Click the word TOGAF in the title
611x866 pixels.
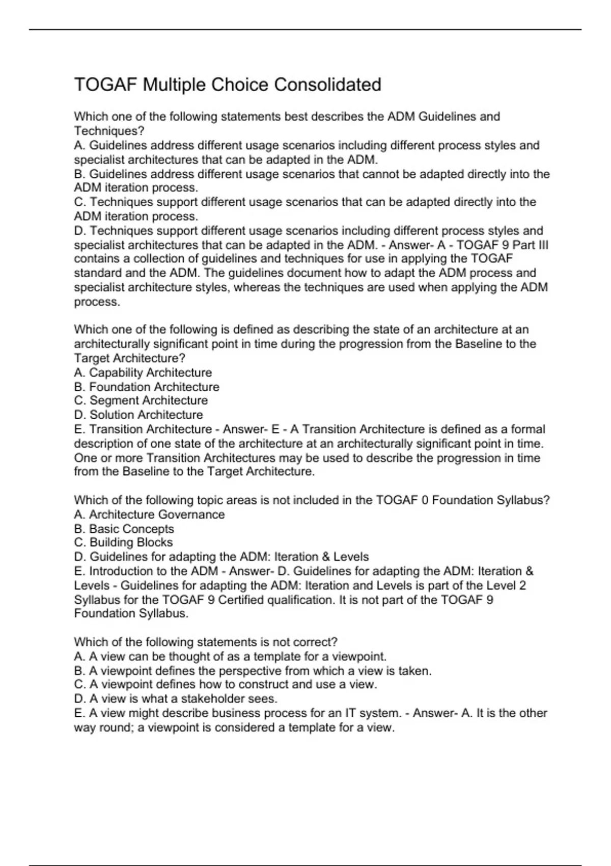tap(106, 85)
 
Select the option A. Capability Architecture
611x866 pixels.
tap(143, 372)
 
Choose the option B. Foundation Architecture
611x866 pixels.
tap(147, 387)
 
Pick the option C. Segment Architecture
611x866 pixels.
tap(141, 400)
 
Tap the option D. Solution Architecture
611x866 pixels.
tap(138, 415)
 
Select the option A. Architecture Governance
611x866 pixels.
tap(149, 515)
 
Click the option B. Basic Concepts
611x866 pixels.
tap(124, 529)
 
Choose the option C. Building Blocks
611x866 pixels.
tap(123, 543)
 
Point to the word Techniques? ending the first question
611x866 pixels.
tap(109, 131)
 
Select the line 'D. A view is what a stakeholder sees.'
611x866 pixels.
tap(176, 698)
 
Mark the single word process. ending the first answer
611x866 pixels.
tap(97, 302)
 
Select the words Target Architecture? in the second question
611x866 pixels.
tap(129, 358)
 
